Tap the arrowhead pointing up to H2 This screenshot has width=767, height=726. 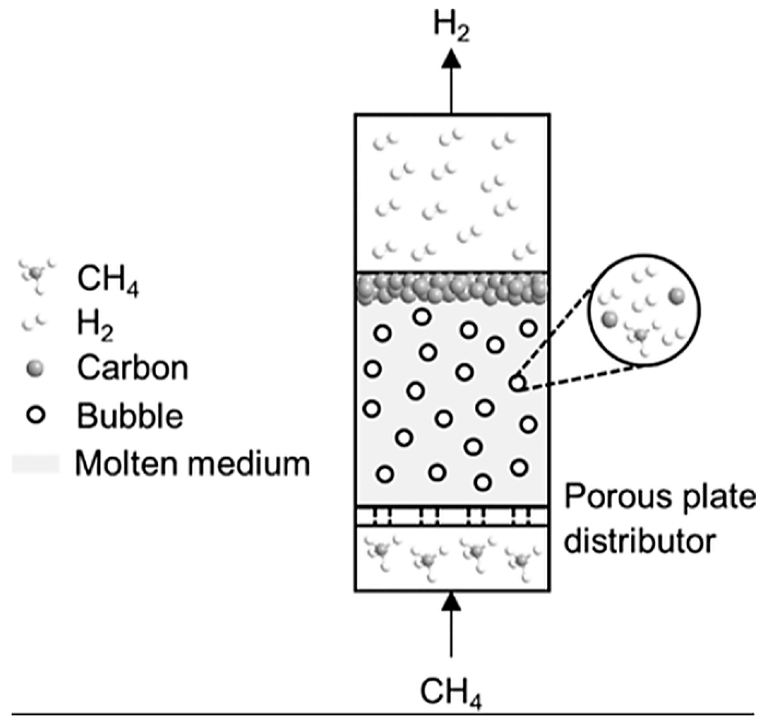click(x=451, y=59)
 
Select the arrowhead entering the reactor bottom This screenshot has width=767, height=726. click(x=451, y=602)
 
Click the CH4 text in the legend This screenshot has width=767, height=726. click(x=108, y=280)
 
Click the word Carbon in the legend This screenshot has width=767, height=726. click(x=132, y=368)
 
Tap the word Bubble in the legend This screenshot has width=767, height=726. click(x=130, y=415)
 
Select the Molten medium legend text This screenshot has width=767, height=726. click(x=192, y=463)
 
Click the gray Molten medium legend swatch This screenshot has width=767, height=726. click(x=36, y=464)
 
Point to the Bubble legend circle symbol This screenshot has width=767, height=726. click(x=36, y=415)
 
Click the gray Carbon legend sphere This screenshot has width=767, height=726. click(x=35, y=369)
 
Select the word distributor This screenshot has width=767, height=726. click(x=640, y=541)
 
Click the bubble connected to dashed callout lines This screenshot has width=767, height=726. click(x=517, y=383)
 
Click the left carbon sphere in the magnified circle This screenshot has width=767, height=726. click(x=610, y=318)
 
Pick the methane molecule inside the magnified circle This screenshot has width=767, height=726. click(x=642, y=335)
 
